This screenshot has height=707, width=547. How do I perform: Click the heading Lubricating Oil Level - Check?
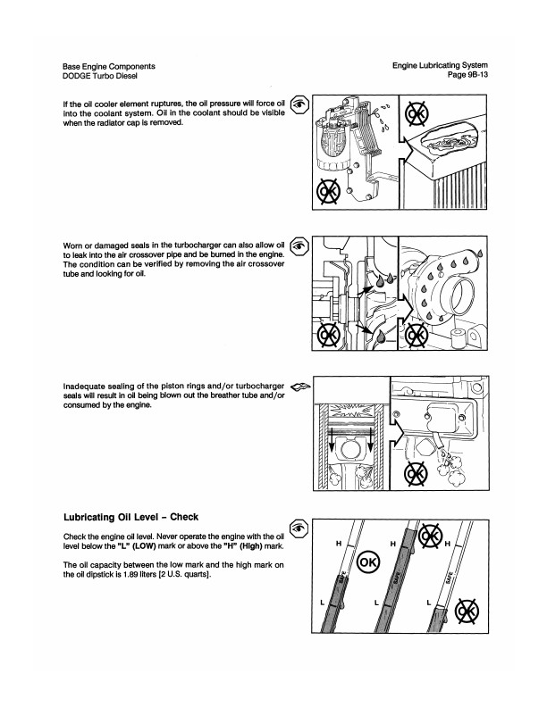click(x=130, y=516)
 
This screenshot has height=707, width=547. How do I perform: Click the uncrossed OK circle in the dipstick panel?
click(x=368, y=562)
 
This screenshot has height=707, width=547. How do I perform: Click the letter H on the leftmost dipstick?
click(x=339, y=542)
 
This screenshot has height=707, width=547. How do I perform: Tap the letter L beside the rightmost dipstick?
click(x=428, y=603)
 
